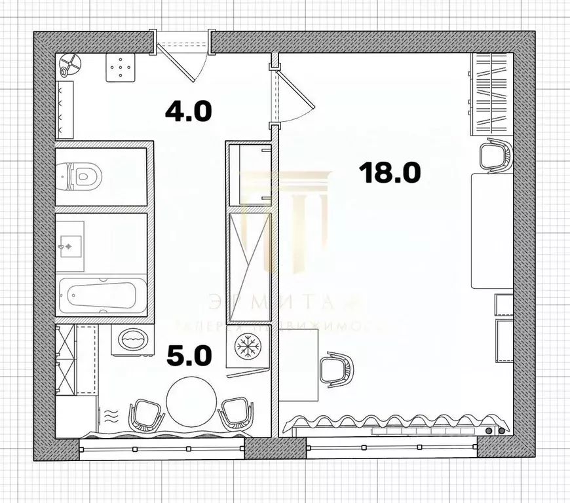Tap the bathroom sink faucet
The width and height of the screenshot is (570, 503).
tap(64, 246)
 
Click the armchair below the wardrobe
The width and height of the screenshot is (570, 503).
tap(495, 155)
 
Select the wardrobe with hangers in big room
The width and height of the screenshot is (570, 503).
tap(491, 92)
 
